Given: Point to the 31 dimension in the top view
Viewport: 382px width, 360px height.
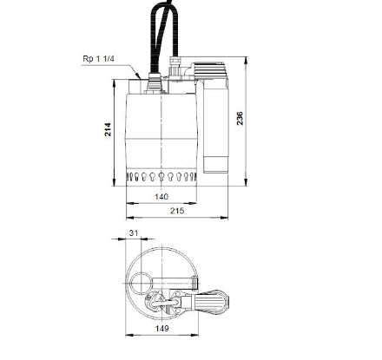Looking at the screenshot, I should [x=134, y=232].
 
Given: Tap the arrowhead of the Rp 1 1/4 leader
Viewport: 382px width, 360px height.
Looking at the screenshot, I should [x=140, y=78].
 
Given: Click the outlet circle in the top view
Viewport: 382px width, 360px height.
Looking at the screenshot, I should [x=142, y=284].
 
